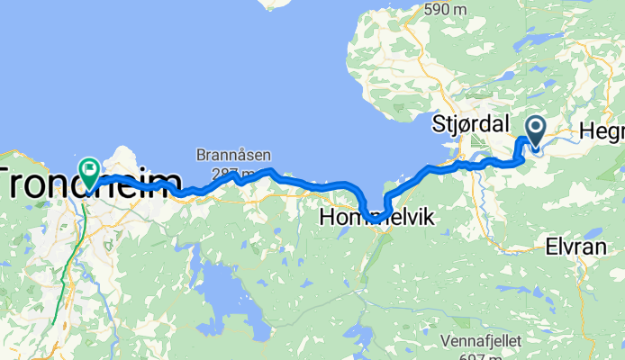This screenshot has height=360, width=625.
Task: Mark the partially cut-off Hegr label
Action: click(x=602, y=132)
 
